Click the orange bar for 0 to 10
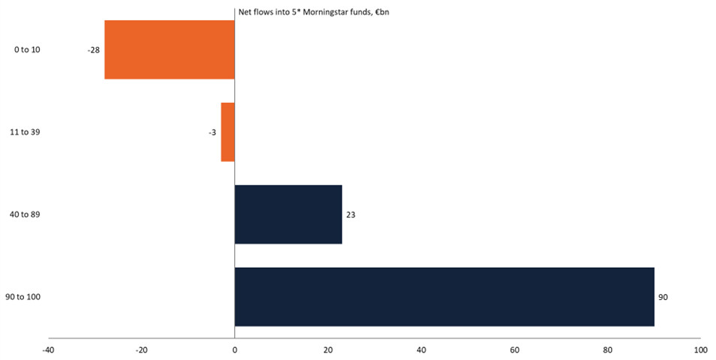click(169, 49)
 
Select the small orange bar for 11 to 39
click(227, 132)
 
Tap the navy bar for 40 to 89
click(288, 214)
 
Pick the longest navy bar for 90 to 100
click(444, 297)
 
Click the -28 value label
click(94, 49)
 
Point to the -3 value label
click(212, 132)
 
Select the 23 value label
click(350, 214)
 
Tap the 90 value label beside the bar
click(663, 297)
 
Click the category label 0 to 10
click(27, 49)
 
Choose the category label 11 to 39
click(26, 132)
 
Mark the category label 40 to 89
click(26, 214)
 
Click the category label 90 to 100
click(23, 297)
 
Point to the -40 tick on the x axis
click(48, 350)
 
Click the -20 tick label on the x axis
click(141, 350)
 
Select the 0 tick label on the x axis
click(235, 350)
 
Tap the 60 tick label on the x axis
click(514, 350)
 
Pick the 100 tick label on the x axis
click(700, 350)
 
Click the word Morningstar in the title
click(322, 12)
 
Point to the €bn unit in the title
click(380, 12)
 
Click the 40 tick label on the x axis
click(421, 350)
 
